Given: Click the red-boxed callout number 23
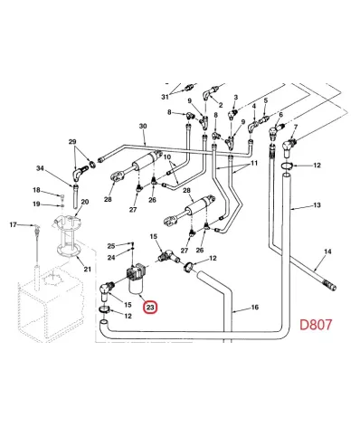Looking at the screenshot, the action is click(150, 308).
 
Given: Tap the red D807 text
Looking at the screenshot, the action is click(316, 325).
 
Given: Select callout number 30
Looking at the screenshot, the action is click(143, 126).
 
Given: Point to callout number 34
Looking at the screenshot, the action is click(40, 168).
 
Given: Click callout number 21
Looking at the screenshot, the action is click(87, 269).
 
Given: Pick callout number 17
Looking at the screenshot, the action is click(13, 224).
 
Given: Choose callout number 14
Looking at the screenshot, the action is click(327, 251).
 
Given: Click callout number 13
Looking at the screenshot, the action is click(317, 205).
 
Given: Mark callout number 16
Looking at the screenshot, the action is click(255, 308).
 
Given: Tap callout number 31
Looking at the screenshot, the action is click(165, 97).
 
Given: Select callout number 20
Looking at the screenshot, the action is click(85, 202).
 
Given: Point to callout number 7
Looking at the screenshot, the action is click(296, 128).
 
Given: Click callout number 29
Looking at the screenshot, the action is click(72, 141).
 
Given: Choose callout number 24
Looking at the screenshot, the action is click(111, 258).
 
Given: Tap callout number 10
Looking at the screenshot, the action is click(167, 157).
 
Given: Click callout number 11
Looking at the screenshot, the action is click(254, 163).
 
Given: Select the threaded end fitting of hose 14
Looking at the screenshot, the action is click(330, 285).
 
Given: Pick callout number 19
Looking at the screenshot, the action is click(36, 204).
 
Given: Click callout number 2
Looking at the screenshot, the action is click(221, 105).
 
